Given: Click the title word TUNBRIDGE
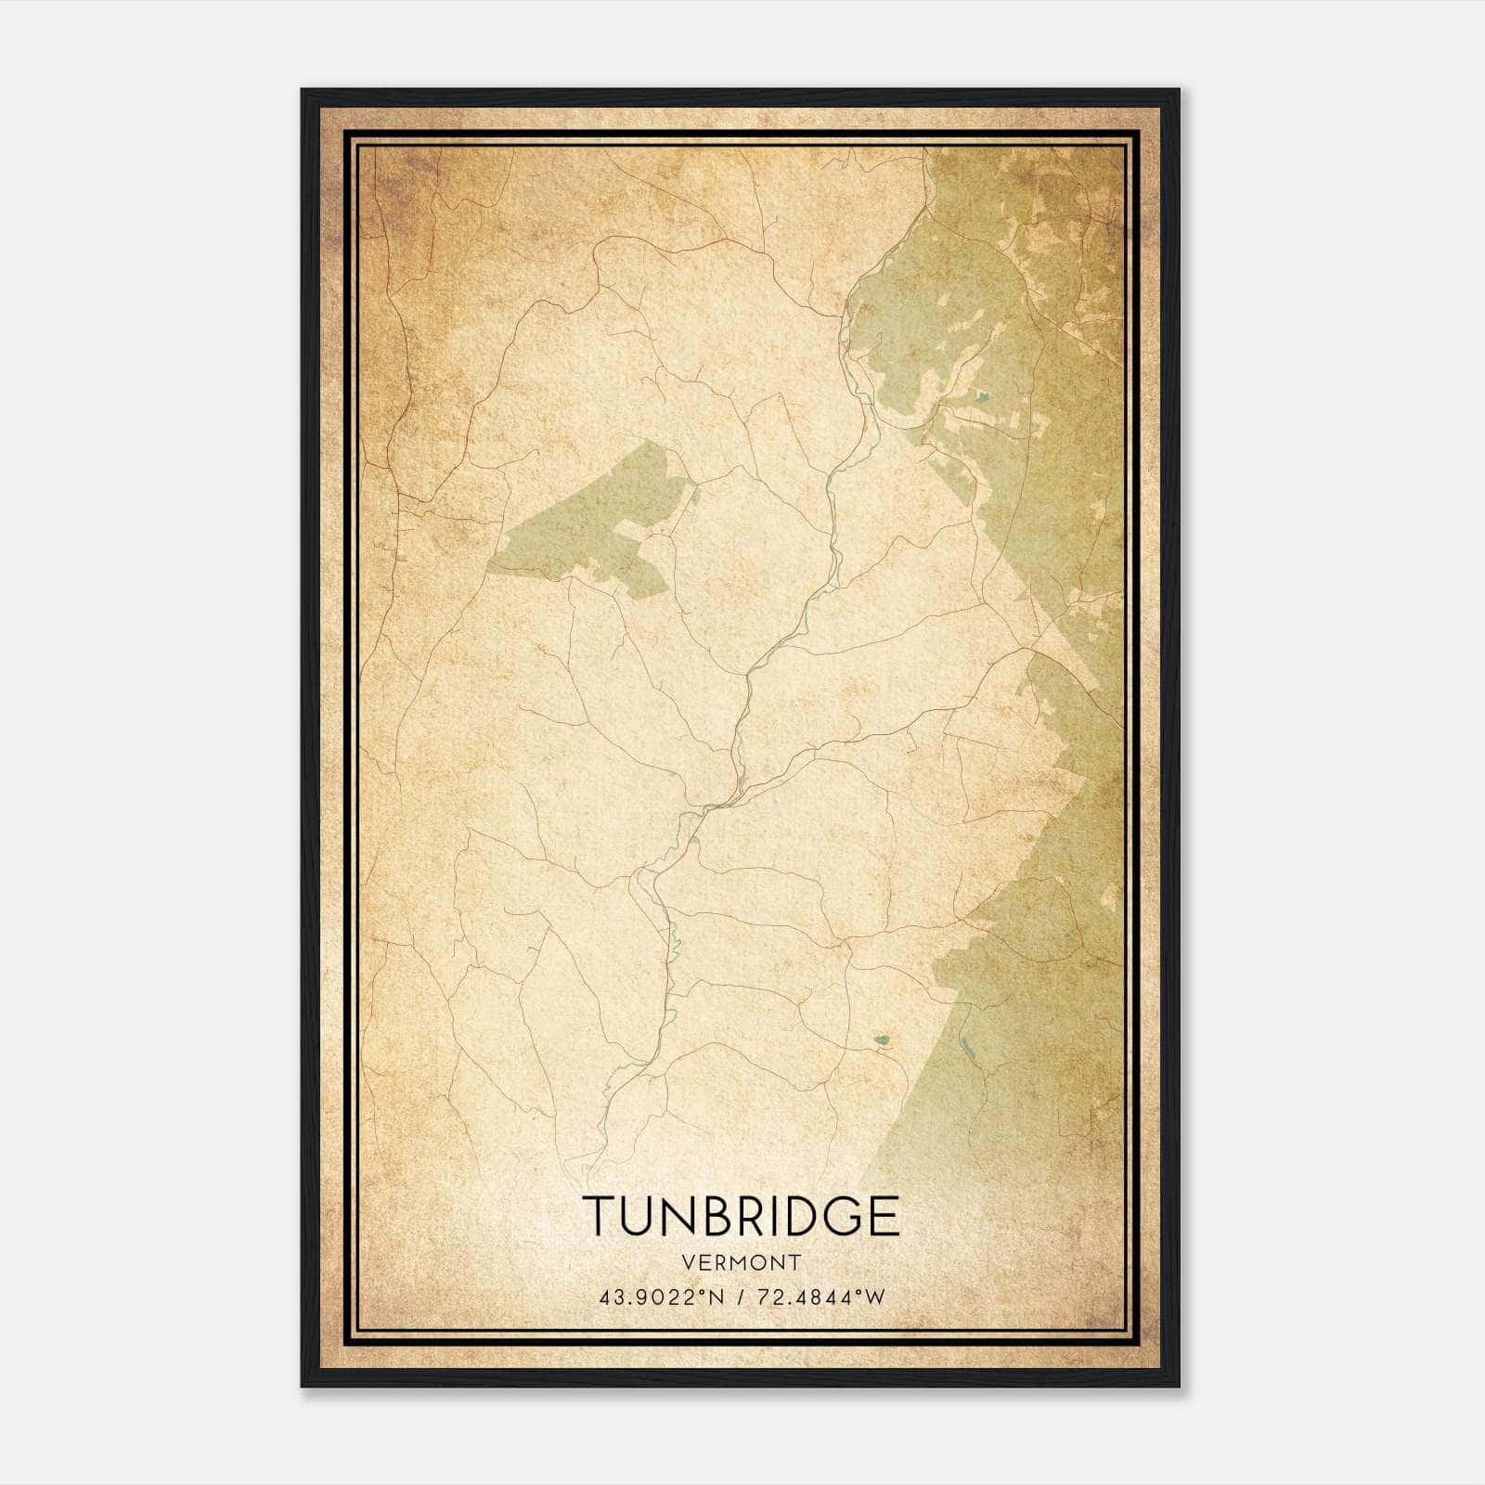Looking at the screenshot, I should tap(741, 1216).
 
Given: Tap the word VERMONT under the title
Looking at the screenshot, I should tap(741, 1262).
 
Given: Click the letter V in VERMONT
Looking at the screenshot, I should tap(688, 1262).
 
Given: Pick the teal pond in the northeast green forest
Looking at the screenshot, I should tap(983, 399).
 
